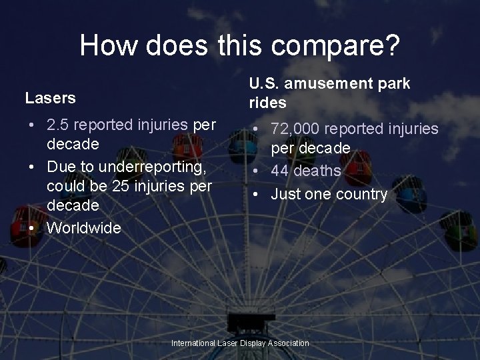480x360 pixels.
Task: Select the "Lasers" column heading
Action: click(x=50, y=98)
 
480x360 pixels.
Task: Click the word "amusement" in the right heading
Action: click(x=323, y=84)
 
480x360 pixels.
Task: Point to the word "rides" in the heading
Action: click(x=267, y=103)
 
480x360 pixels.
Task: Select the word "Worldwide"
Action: click(x=84, y=228)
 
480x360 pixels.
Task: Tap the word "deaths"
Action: click(x=318, y=171)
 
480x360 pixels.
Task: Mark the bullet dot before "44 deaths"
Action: click(x=256, y=171)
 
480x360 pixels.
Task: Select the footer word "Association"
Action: click(x=288, y=343)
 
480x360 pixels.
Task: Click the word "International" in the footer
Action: click(x=193, y=343)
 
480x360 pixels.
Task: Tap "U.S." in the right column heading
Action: click(x=263, y=84)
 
